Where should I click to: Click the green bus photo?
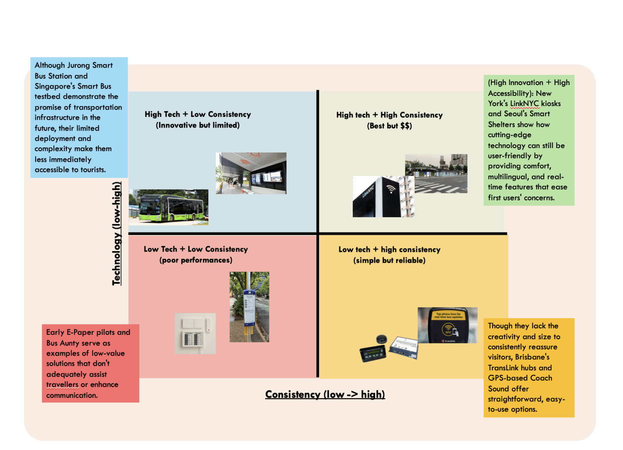pos(169,207)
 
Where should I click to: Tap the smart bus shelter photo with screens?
pos(251,173)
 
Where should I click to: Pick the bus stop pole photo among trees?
pos(249,307)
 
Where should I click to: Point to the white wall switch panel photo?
pos(195,333)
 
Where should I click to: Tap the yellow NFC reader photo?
pos(447,325)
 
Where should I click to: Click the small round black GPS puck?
pos(382,339)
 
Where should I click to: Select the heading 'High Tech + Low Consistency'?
pos(198,114)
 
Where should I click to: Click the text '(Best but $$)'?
pos(389,126)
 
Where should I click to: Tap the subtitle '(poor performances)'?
pos(196,260)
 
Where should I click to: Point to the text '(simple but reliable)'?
pos(389,260)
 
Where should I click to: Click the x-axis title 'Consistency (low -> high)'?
pos(325,394)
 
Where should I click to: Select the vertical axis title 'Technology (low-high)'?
pos(116,233)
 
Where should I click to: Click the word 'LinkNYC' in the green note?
pos(524,103)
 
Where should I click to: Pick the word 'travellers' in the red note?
pos(62,384)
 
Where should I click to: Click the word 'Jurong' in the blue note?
pos(79,65)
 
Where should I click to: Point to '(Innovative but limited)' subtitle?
pos(198,125)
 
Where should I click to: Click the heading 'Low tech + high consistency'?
pos(389,250)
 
